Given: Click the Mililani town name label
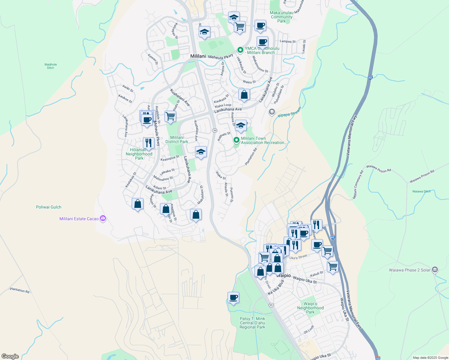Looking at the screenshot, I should (x=198, y=56).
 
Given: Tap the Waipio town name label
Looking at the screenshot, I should (x=284, y=275).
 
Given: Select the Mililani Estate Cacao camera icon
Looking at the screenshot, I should (x=103, y=218).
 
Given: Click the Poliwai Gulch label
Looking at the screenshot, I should (x=49, y=207).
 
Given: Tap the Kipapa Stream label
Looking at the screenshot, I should (x=289, y=112).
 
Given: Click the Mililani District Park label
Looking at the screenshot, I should (x=177, y=139).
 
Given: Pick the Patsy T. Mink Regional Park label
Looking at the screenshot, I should (x=252, y=323).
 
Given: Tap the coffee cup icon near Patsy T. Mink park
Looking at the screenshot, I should (x=233, y=298).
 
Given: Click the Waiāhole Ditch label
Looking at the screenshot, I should (x=50, y=66).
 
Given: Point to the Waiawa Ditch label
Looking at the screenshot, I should (x=421, y=191).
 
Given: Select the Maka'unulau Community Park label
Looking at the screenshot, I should (x=282, y=17).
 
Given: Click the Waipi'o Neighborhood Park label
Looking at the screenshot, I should (x=310, y=308).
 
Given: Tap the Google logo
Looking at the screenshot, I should (x=10, y=356).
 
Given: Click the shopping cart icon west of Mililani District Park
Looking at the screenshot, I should (x=170, y=116).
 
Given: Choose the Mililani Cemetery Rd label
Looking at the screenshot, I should (x=358, y=184).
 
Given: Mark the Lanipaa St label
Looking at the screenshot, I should (x=288, y=41).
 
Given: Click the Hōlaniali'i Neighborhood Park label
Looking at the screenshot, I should (x=139, y=154).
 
